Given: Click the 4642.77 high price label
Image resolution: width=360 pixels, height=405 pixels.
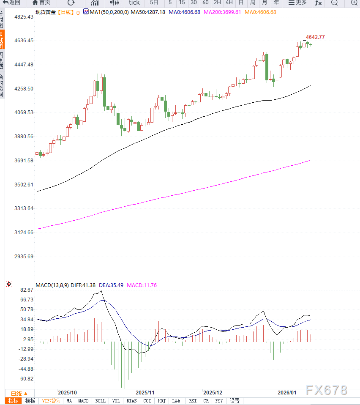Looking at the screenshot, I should (x=315, y=37).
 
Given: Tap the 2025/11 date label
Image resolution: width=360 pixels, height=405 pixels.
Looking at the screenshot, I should (x=145, y=392).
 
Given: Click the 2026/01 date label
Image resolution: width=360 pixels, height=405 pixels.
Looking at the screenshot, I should (x=287, y=392).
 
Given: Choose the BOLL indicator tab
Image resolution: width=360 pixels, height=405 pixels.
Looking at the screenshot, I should (x=100, y=401).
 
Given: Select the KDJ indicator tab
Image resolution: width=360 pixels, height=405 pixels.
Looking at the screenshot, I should (x=161, y=401).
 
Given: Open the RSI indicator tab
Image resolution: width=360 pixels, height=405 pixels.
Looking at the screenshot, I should (x=193, y=401).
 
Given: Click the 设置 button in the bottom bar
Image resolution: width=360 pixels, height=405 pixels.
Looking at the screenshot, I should (x=235, y=401).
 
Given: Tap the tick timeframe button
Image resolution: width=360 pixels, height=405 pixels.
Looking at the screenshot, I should (x=134, y=3).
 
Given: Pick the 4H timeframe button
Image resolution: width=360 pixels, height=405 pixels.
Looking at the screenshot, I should (x=229, y=3).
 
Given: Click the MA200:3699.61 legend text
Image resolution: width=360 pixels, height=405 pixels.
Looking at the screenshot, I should (x=222, y=12).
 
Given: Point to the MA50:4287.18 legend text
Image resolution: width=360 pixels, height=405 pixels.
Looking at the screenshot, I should (x=148, y=12).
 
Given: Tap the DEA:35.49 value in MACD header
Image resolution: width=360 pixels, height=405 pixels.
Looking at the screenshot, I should (x=111, y=285).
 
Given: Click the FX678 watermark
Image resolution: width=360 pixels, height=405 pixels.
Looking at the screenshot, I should (x=327, y=390).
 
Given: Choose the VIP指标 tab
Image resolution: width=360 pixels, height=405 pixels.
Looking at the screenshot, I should (x=51, y=401).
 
